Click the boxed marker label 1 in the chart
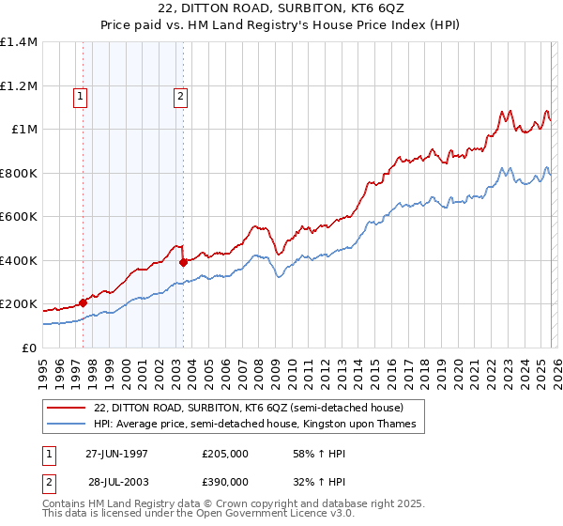(80, 95)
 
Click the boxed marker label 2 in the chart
(179, 95)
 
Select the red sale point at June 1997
(84, 302)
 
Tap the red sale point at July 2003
(183, 262)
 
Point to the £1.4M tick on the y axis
(19, 42)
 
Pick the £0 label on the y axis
(30, 348)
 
